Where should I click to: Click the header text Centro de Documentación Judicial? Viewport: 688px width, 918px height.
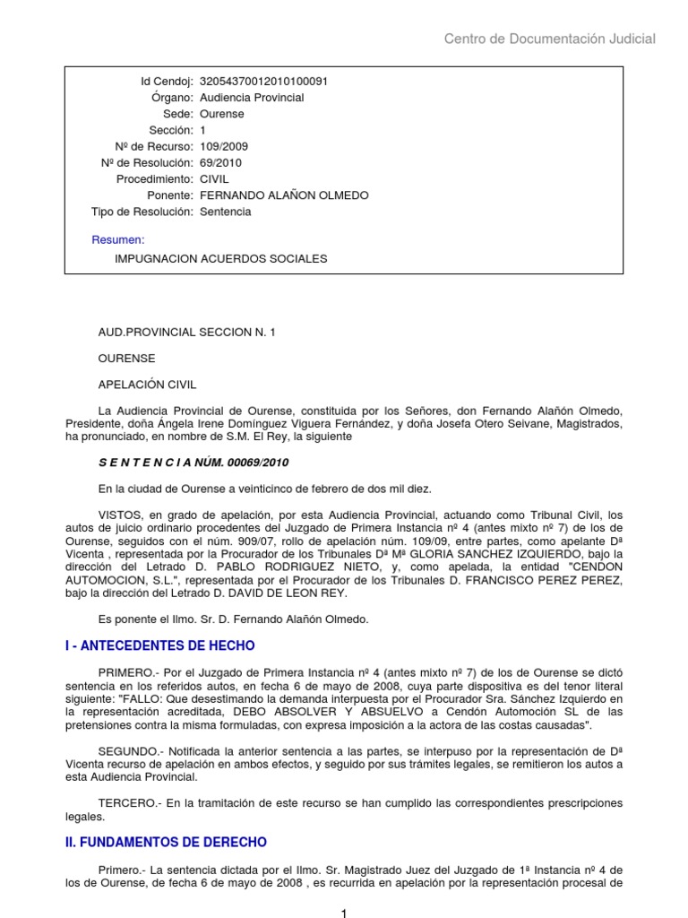coord(550,39)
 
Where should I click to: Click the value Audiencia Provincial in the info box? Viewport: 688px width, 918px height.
coord(252,98)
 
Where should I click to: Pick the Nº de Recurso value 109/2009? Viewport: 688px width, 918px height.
coord(224,146)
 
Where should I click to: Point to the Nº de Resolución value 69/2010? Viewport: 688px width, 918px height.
coord(220,163)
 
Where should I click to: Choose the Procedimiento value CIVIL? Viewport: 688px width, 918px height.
coord(214,179)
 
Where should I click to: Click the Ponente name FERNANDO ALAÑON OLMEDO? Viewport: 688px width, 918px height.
coord(284,195)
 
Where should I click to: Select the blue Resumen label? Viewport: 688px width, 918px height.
coord(118,239)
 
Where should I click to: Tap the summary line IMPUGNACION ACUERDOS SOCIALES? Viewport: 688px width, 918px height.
coord(221,258)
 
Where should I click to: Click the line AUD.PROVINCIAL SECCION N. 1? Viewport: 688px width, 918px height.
coord(187,332)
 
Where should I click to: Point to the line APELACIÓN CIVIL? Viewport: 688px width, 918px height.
coord(148,384)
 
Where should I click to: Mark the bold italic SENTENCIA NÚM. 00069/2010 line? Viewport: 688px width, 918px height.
coord(193,463)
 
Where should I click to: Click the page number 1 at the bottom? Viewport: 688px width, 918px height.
coord(343,912)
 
